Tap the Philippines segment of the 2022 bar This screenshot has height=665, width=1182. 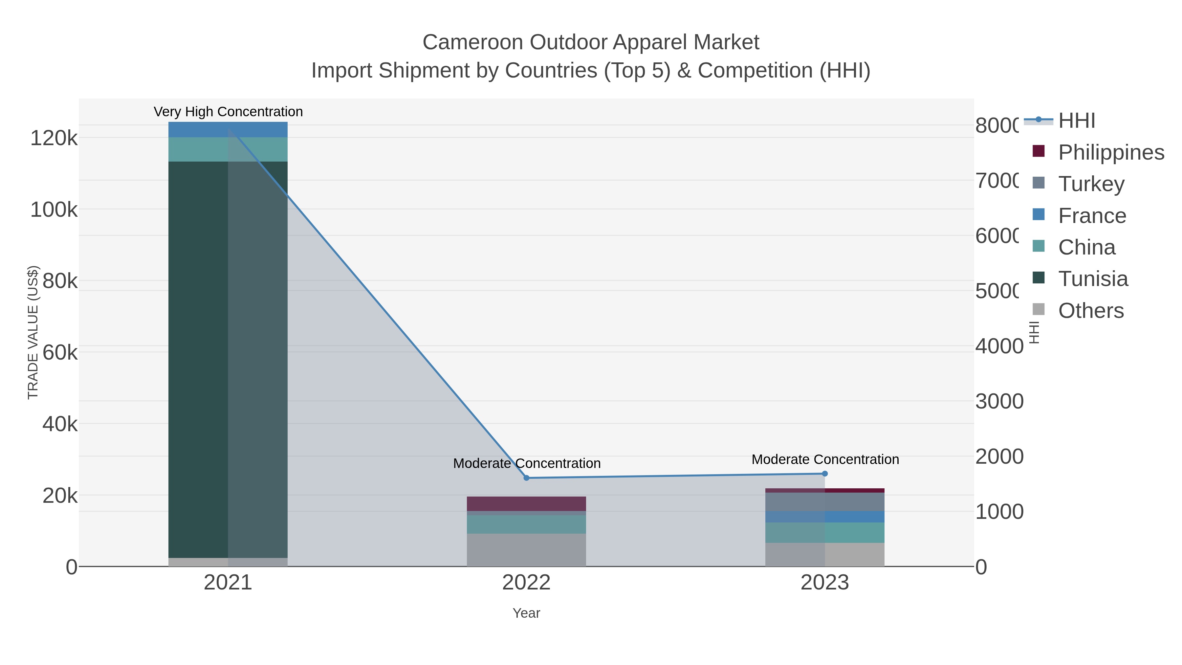tap(526, 503)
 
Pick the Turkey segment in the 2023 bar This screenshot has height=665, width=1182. tap(824, 501)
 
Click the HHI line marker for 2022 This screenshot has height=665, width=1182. tap(526, 478)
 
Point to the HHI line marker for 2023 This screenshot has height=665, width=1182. tap(824, 474)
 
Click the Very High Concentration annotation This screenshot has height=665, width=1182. tap(228, 112)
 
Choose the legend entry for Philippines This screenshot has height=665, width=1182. tap(1110, 152)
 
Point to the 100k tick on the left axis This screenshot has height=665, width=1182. tap(54, 210)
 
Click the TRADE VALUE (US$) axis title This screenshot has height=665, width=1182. tap(33, 332)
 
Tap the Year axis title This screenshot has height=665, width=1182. tap(526, 613)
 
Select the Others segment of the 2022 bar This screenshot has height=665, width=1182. tap(526, 550)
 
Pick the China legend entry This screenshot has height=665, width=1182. tap(1086, 247)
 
